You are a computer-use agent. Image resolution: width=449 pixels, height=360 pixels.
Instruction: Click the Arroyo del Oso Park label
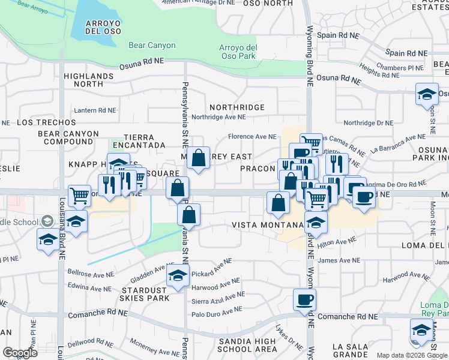[x=238, y=52]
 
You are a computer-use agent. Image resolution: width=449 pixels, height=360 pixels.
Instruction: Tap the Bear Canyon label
[x=152, y=45]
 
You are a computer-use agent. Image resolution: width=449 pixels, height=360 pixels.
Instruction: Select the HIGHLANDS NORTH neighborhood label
[x=88, y=80]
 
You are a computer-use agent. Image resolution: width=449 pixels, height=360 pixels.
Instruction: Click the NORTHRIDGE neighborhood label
[x=237, y=107]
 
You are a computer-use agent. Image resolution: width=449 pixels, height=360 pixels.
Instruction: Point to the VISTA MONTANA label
[x=268, y=225]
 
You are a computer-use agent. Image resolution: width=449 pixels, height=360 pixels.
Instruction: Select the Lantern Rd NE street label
[x=95, y=110]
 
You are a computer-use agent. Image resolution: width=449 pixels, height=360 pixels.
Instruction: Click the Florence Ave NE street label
[x=252, y=137]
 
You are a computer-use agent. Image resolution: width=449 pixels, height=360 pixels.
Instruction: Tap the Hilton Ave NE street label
[x=337, y=242]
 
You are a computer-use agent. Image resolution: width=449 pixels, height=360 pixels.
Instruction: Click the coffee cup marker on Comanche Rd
[x=304, y=299]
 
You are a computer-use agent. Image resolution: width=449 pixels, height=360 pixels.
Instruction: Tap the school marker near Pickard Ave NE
[x=178, y=275]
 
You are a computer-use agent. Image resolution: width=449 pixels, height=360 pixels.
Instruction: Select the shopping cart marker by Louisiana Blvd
[x=79, y=195]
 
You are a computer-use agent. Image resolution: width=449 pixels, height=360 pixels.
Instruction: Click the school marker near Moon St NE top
[x=427, y=94]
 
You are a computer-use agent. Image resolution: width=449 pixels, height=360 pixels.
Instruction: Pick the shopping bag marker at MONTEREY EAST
[x=199, y=158]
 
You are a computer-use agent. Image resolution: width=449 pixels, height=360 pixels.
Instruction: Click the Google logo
[x=20, y=353]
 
